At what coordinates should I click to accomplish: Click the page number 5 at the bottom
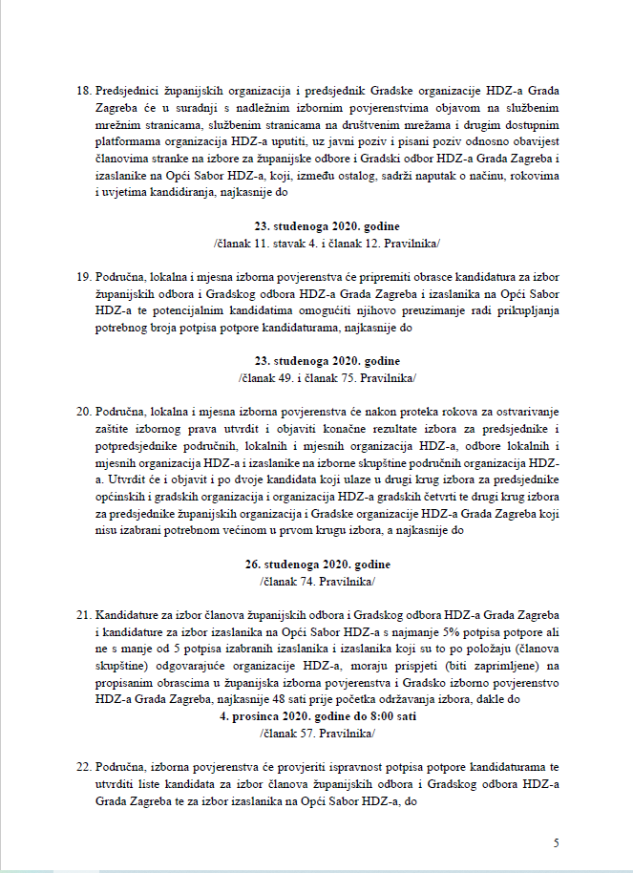(556, 842)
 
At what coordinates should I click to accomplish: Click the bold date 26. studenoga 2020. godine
(319, 565)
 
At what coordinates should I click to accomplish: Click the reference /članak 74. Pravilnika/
(319, 581)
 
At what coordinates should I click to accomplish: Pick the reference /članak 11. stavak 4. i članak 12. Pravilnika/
(319, 242)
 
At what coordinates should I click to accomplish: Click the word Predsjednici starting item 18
(129, 91)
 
